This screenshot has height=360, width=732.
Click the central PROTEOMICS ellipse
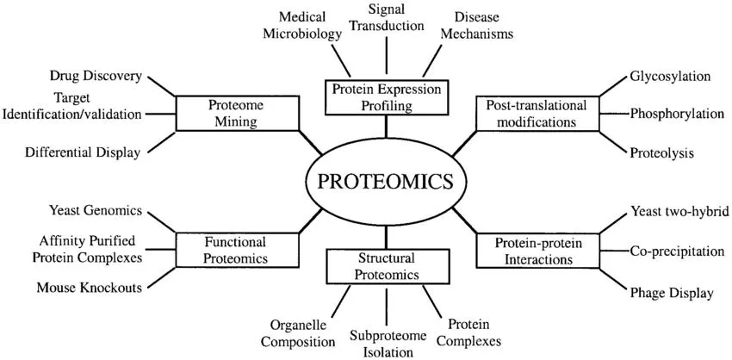click(x=385, y=182)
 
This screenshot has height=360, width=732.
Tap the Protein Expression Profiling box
click(x=386, y=96)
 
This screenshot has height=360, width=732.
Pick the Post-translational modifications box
click(x=537, y=113)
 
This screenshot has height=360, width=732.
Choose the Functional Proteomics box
click(x=235, y=250)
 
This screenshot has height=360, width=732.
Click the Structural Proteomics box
click(x=386, y=266)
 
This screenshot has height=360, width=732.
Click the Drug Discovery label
click(x=96, y=77)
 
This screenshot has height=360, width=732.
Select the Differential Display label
click(x=83, y=152)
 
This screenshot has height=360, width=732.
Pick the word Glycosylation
click(x=670, y=76)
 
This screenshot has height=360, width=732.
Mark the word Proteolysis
click(x=662, y=152)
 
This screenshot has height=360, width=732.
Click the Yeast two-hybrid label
click(x=680, y=212)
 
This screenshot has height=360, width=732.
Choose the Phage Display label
click(x=672, y=293)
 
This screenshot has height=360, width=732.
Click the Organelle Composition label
click(x=298, y=333)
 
